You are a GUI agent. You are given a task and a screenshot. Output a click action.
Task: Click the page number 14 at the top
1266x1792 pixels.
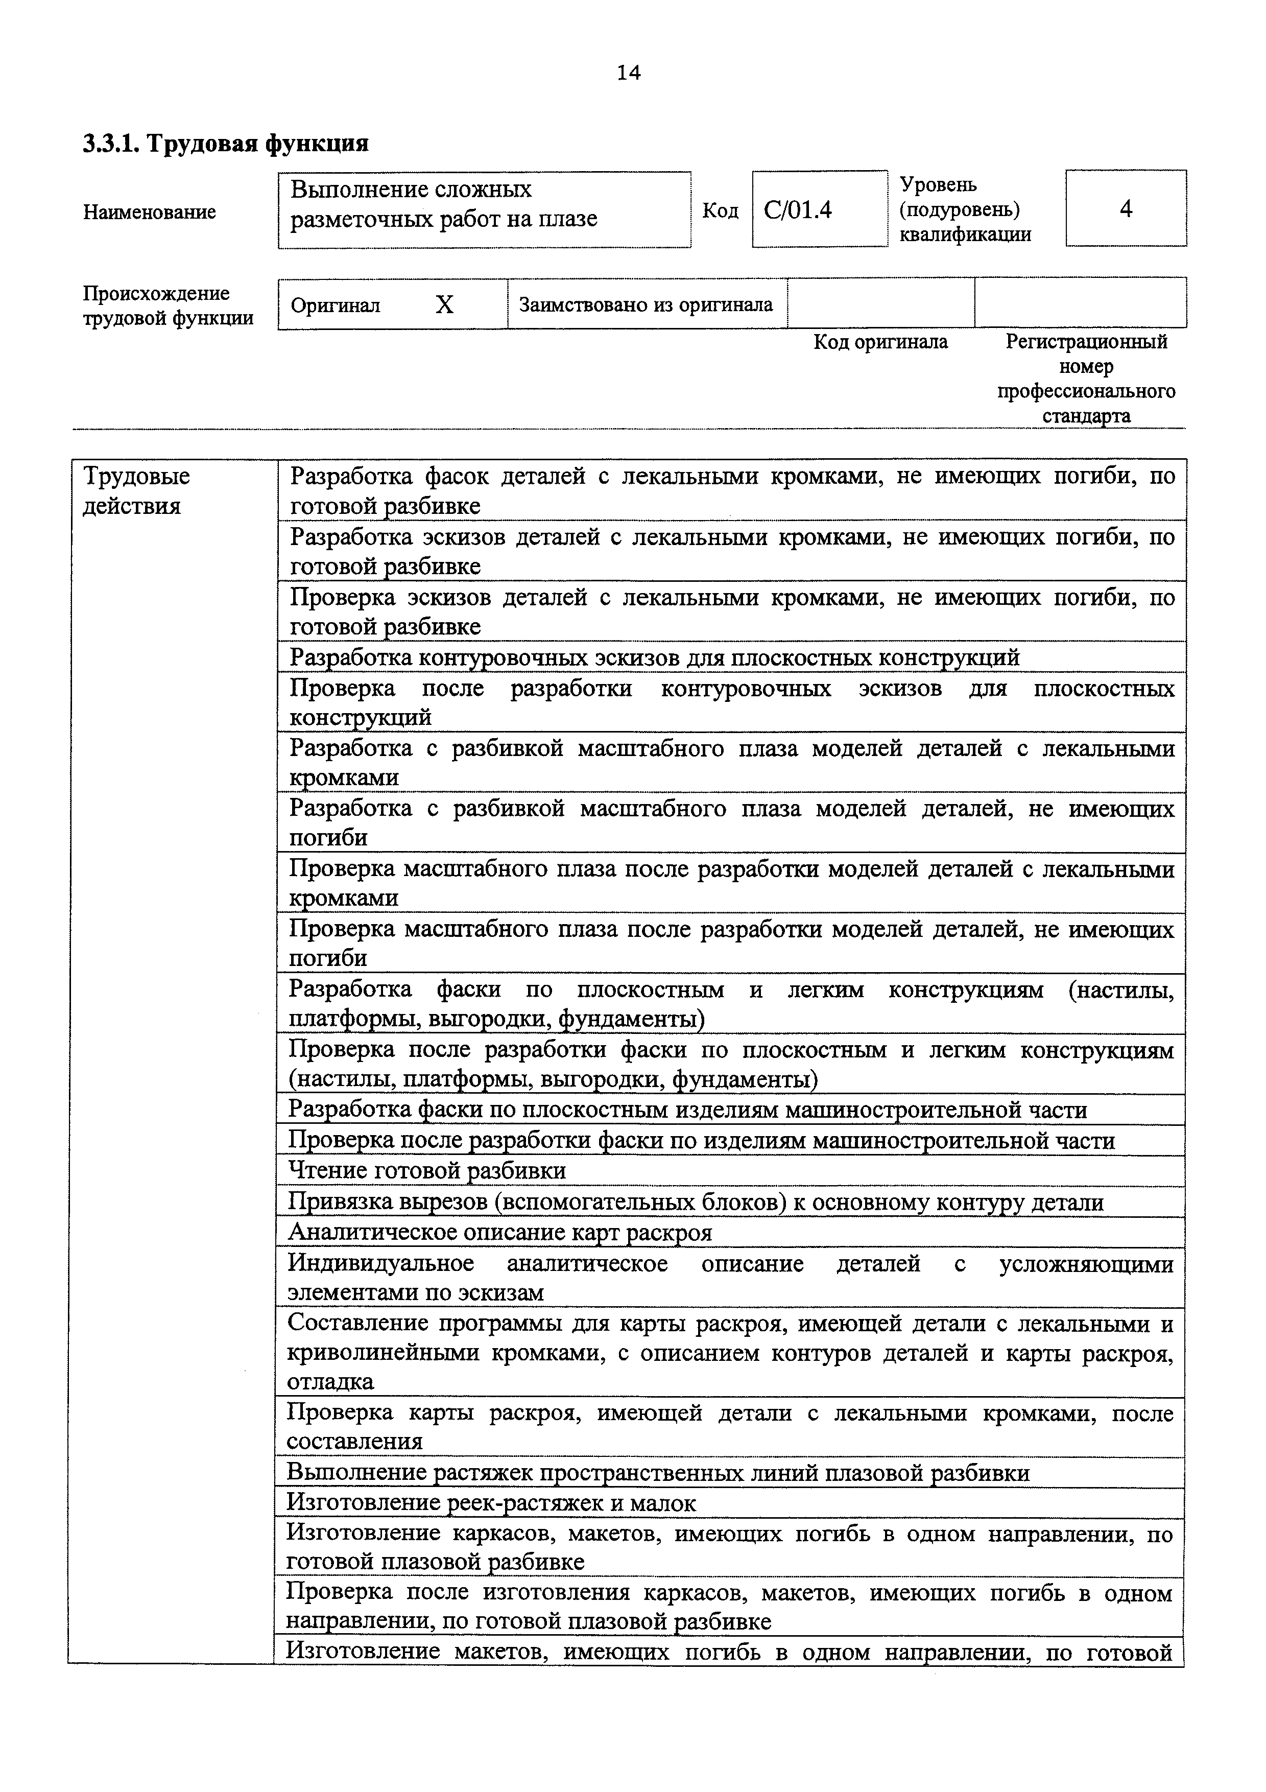tap(628, 73)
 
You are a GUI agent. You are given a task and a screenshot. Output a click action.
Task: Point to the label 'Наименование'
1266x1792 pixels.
tap(150, 213)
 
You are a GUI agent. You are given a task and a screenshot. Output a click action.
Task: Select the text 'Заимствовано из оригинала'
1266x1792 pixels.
tap(646, 304)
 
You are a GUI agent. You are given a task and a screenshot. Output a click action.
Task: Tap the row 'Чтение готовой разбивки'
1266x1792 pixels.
tap(427, 1171)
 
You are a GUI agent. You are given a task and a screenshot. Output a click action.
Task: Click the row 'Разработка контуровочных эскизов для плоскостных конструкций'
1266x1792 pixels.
tap(655, 657)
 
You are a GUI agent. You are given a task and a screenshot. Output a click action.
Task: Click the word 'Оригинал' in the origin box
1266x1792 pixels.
tap(336, 305)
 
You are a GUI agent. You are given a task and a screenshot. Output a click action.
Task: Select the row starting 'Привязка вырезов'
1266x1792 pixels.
tap(696, 1202)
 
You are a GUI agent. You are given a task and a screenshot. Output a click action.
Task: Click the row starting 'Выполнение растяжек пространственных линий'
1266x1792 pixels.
tap(658, 1472)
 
